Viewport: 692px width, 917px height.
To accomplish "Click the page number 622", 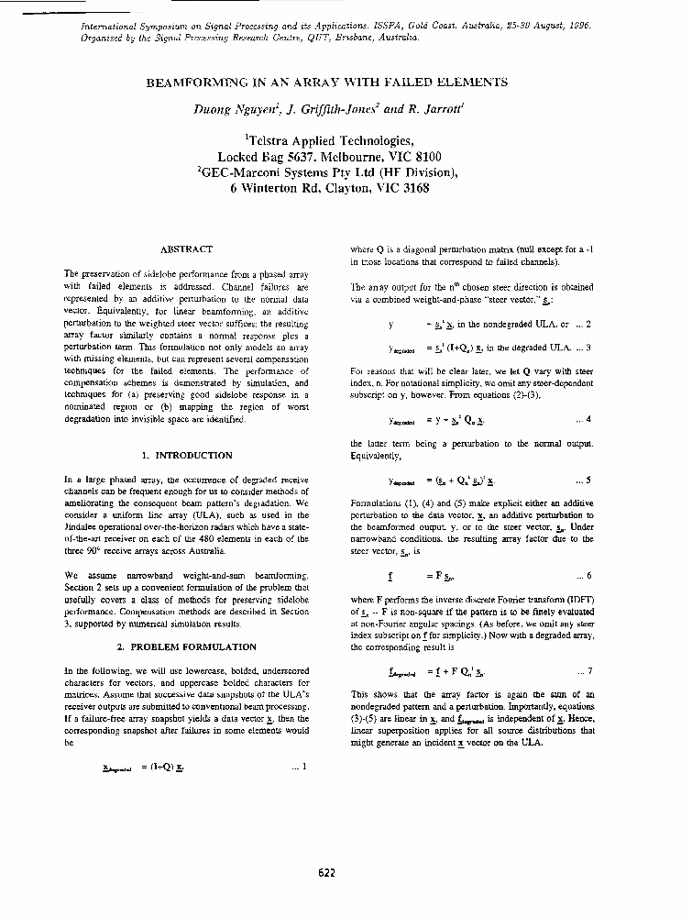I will point(327,872).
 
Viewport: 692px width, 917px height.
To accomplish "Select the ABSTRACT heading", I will point(186,249).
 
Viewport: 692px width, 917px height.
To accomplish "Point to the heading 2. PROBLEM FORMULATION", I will point(186,646).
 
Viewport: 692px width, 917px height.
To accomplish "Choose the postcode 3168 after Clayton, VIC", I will point(410,188).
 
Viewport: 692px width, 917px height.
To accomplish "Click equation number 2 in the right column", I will point(588,324).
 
